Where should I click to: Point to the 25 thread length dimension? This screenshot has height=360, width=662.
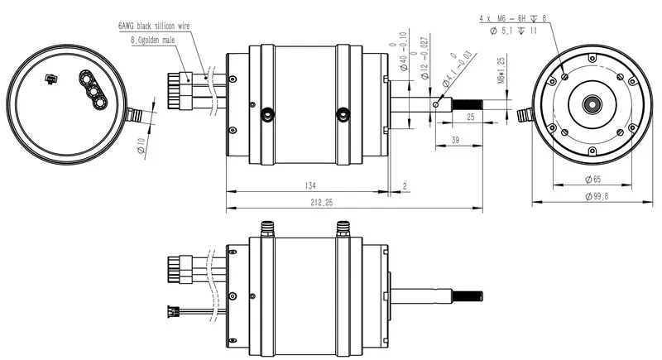click(470, 118)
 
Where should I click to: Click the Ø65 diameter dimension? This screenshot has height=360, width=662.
click(592, 180)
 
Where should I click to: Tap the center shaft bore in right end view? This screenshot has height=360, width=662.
click(592, 104)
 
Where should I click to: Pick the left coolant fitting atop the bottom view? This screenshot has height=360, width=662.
click(267, 227)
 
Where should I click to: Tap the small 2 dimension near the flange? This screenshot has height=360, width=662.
click(404, 185)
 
